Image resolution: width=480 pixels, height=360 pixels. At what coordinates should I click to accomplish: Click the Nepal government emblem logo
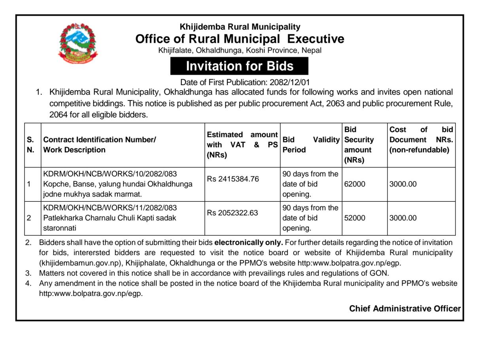[x=77, y=43]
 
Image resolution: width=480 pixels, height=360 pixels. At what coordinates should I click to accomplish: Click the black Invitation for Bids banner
[x=239, y=66]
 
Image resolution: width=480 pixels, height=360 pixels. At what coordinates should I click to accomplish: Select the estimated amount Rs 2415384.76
[x=233, y=179]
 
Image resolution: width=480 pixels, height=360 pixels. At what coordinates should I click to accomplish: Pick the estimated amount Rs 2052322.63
[x=232, y=213]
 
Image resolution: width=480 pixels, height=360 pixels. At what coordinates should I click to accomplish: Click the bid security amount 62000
[x=355, y=184]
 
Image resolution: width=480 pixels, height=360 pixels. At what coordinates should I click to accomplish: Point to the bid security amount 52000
[x=355, y=218]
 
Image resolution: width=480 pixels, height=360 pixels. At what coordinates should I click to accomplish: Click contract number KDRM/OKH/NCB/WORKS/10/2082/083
[x=110, y=174]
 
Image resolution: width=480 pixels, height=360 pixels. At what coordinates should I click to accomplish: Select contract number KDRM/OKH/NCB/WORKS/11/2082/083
[x=110, y=208]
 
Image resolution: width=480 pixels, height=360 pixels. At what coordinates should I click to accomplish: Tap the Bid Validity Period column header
[x=311, y=145]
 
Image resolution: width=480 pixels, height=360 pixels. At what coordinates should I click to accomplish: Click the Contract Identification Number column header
[x=100, y=140]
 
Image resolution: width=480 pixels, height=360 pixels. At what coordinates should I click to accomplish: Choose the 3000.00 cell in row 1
[x=403, y=184]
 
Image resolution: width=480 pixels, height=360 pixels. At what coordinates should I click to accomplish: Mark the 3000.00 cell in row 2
[x=403, y=218]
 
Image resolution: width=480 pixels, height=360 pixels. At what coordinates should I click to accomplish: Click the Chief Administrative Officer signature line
[x=404, y=309]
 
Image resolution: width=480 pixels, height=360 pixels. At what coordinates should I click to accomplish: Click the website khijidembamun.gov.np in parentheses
[x=80, y=263]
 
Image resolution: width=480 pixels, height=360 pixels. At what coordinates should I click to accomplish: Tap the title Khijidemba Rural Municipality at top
[x=240, y=27]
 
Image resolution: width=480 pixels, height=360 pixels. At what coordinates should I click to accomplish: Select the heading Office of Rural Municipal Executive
[x=240, y=39]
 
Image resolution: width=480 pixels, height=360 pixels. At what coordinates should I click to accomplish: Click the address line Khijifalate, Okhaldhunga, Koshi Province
[x=240, y=51]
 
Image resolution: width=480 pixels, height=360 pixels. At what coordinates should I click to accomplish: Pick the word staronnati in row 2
[x=59, y=228]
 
